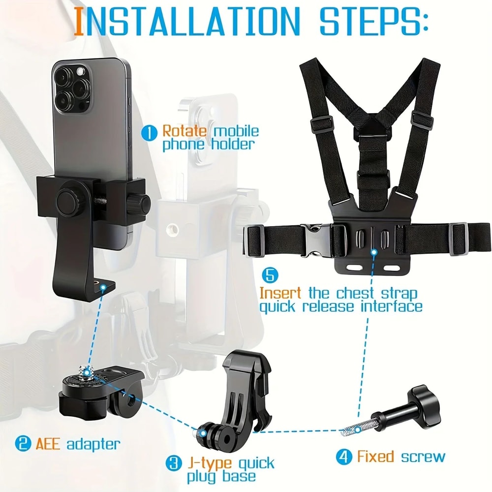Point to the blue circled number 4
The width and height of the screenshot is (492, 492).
tap(344, 456)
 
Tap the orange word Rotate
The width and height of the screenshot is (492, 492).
tap(182, 131)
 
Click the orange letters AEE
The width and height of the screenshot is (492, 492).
tap(48, 444)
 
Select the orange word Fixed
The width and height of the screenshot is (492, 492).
tap(375, 456)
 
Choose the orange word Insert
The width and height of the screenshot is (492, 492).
tap(280, 293)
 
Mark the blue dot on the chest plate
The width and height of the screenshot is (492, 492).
tap(374, 252)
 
